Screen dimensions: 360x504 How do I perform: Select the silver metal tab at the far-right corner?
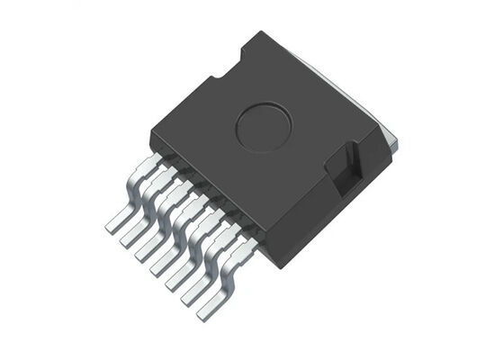tap(391, 140)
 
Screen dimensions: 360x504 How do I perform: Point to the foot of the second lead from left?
tap(131, 236)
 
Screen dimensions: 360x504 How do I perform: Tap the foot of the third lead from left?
tap(147, 251)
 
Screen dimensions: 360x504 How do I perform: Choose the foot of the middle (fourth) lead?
tap(162, 265)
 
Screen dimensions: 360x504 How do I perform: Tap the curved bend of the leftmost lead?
tap(135, 189)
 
